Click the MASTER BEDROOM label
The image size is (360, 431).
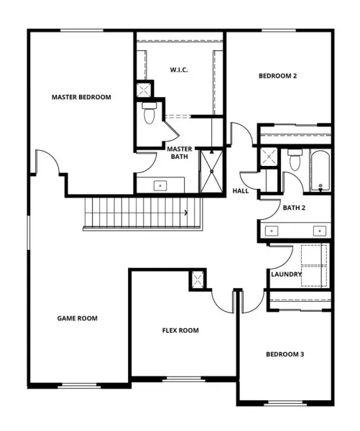(81, 97)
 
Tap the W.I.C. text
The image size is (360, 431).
(179, 70)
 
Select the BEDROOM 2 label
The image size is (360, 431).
(278, 76)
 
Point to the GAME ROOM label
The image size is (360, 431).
(78, 318)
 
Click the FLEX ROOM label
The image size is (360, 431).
(180, 330)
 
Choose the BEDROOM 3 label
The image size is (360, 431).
(285, 354)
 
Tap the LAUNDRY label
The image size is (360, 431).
(286, 274)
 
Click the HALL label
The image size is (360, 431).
(241, 191)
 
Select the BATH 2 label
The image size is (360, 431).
(294, 208)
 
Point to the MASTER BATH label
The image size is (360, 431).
(180, 153)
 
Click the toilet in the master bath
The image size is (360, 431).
(149, 113)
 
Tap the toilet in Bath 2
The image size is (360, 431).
(295, 159)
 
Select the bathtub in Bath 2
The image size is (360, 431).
(320, 171)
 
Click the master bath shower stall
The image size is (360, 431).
(211, 171)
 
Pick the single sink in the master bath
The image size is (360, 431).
(160, 186)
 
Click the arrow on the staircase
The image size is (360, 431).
(186, 213)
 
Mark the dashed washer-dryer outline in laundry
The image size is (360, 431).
(314, 266)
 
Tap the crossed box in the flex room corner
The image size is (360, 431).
(198, 279)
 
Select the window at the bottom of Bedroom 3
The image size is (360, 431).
(285, 404)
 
